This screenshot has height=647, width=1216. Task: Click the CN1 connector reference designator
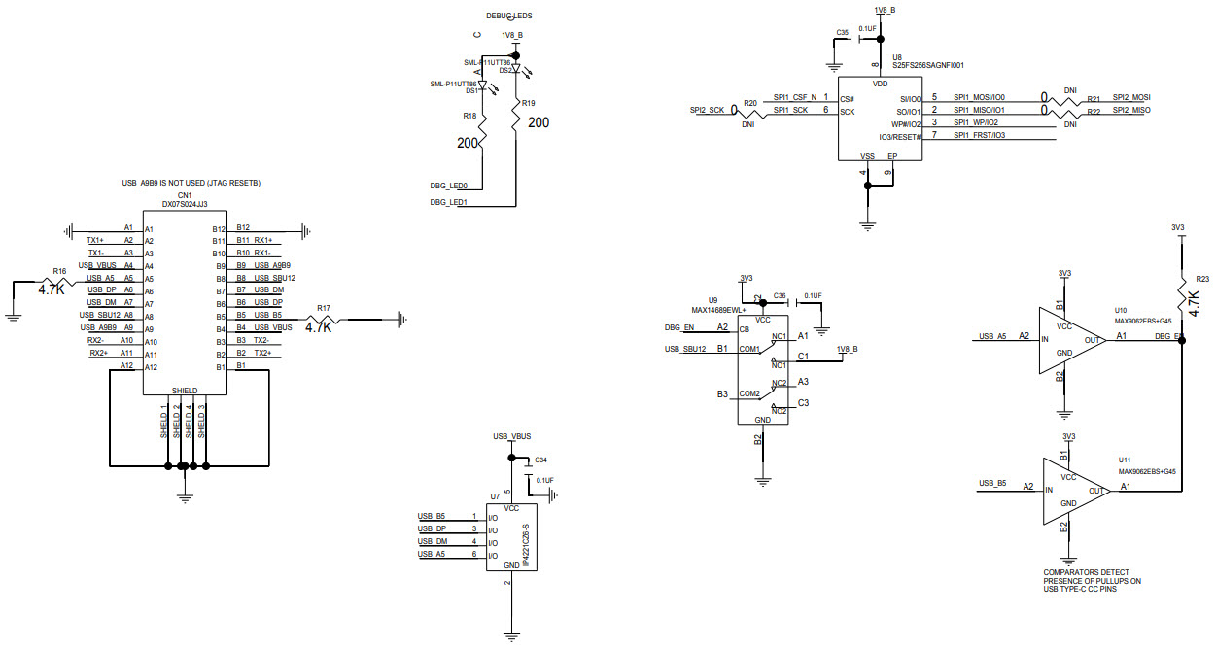184,194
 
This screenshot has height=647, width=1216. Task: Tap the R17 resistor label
324,308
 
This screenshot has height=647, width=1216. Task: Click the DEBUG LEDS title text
508,17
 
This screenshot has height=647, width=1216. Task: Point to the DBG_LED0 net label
449,186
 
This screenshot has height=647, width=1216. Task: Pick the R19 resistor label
528,103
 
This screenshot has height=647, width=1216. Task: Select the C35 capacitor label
843,32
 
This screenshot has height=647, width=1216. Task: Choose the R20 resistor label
749,102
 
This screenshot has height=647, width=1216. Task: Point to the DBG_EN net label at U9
679,327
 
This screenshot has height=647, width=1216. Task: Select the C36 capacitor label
780,295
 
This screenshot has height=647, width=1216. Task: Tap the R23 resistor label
1202,277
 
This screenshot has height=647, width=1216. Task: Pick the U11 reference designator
1125,459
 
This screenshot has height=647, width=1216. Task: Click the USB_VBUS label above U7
511,436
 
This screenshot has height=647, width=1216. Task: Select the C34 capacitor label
541,459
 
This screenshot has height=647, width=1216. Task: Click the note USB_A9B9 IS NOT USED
191,183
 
